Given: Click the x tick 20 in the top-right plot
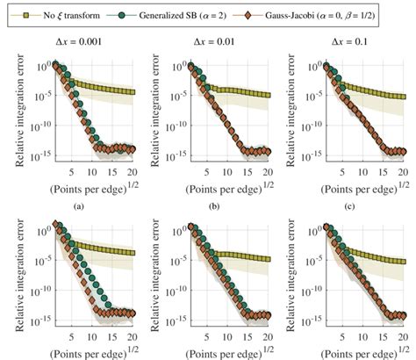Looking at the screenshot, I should (400, 169).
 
